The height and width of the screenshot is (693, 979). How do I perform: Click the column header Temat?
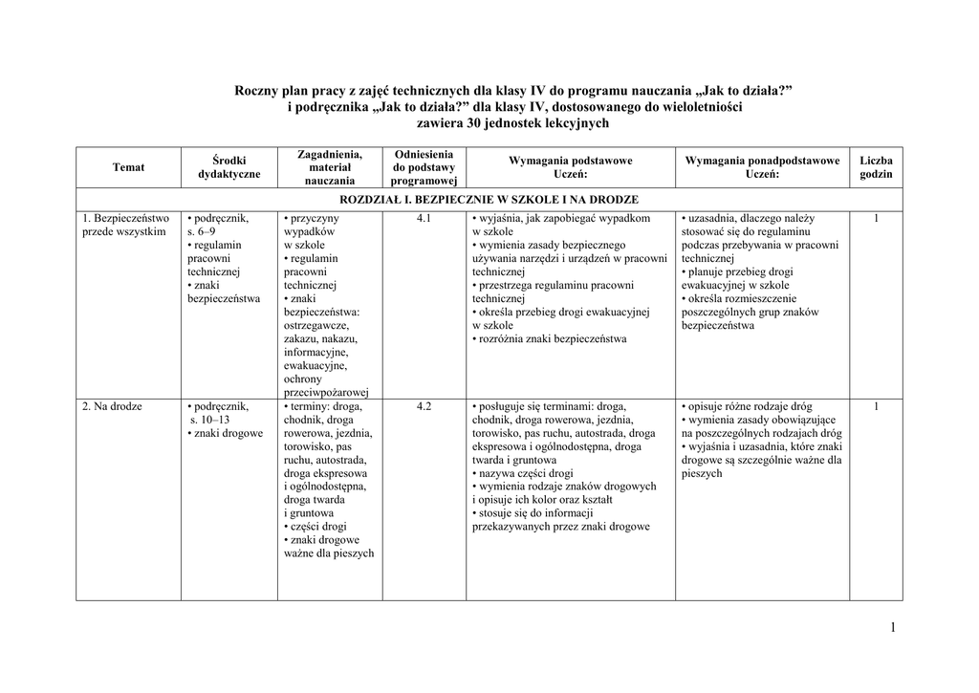click(128, 167)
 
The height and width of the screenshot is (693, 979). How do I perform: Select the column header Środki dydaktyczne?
click(228, 167)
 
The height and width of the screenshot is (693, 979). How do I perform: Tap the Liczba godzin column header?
click(876, 167)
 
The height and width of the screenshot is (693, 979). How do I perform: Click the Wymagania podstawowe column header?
click(570, 167)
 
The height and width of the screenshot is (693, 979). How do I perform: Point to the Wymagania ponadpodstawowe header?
click(762, 167)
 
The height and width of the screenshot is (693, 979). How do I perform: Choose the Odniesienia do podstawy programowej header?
click(424, 167)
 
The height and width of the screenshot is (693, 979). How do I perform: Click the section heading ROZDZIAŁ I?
click(489, 200)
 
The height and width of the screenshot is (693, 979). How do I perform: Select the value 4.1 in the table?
click(424, 219)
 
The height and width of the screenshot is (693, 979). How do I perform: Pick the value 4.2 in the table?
click(424, 406)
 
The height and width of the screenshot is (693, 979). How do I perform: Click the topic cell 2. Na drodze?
click(112, 406)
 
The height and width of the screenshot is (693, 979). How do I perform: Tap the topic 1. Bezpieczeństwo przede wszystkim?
click(125, 225)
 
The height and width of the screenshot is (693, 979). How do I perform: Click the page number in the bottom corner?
click(892, 627)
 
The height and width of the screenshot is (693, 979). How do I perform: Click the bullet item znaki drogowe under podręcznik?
click(228, 433)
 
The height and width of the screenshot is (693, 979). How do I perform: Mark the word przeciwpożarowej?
click(326, 392)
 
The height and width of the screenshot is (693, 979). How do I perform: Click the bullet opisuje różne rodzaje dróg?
click(749, 406)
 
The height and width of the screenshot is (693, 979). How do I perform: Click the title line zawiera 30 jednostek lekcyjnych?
click(513, 123)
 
